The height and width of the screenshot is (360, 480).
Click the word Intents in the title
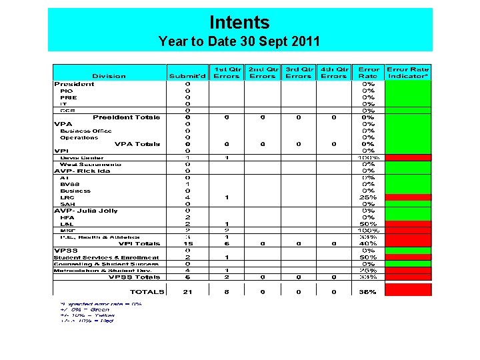(x=239, y=23)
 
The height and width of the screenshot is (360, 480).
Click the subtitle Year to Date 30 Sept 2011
(x=239, y=41)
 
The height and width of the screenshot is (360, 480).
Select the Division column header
(x=109, y=76)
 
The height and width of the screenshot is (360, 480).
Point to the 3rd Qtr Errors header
(x=298, y=73)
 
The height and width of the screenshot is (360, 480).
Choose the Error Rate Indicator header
(x=408, y=73)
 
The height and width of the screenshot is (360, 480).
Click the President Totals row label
(x=127, y=117)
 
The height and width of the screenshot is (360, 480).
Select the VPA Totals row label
(x=137, y=144)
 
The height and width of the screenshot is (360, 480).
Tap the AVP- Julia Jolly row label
(x=86, y=211)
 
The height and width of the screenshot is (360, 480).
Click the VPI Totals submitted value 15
(x=187, y=244)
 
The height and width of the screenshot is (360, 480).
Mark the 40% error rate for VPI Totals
(x=368, y=244)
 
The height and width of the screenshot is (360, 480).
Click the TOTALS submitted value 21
(x=187, y=291)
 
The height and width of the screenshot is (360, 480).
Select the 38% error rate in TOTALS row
(x=368, y=291)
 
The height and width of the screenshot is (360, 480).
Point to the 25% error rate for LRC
(x=368, y=197)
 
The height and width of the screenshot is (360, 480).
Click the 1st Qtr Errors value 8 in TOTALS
(x=227, y=291)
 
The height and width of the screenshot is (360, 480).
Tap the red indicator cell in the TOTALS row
(x=409, y=290)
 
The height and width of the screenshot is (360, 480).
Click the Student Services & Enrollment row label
(x=107, y=257)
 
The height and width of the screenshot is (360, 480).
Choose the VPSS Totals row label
(x=135, y=277)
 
